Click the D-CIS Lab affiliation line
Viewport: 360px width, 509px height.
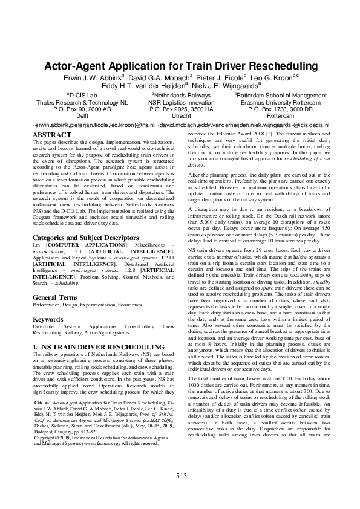82,96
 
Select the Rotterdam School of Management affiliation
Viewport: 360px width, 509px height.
281,96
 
